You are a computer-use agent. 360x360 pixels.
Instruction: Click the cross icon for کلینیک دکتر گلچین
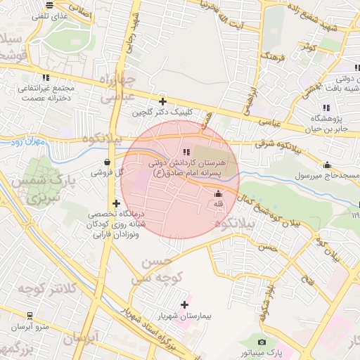[162, 101]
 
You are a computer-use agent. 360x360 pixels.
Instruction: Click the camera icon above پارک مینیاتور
[262, 341]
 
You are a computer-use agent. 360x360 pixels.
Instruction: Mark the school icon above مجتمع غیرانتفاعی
[46, 77]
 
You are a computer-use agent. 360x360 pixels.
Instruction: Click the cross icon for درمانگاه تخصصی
[116, 203]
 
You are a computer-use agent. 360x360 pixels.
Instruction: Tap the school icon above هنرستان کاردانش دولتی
[186, 152]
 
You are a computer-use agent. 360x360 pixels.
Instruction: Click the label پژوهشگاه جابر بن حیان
[330, 123]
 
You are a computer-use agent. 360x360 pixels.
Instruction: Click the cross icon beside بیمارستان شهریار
[185, 304]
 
